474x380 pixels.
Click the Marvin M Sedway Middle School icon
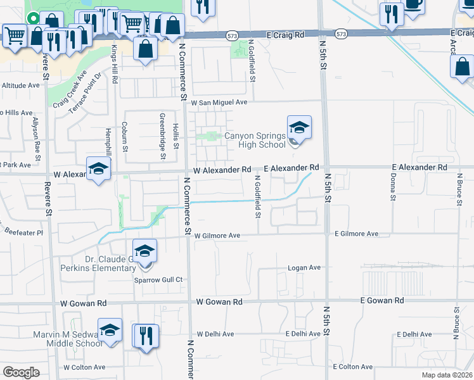pyautogui.click(x=110, y=330)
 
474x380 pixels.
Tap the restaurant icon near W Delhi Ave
pyautogui.click(x=144, y=335)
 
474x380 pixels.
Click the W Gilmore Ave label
pyautogui.click(x=217, y=236)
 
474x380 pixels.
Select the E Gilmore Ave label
pyautogui.click(x=356, y=234)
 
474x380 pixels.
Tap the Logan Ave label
pyautogui.click(x=305, y=268)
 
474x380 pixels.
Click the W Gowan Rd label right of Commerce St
pyautogui.click(x=220, y=301)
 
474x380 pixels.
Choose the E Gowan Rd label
pyautogui.click(x=381, y=300)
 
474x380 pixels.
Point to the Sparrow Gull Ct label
pyautogui.click(x=158, y=279)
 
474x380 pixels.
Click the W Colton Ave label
pyautogui.click(x=84, y=367)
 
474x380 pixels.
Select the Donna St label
pyautogui.click(x=393, y=187)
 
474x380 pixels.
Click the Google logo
pyautogui.click(x=21, y=372)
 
